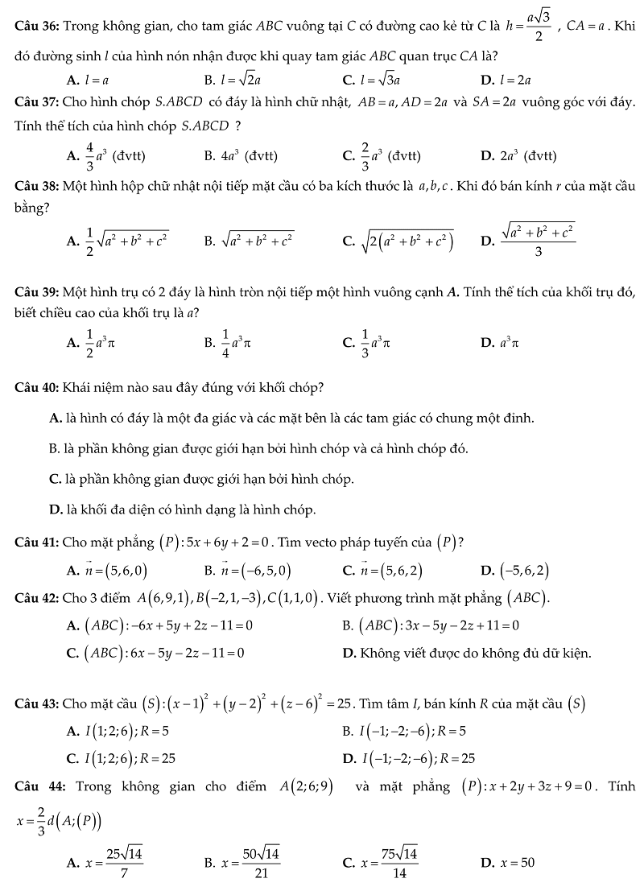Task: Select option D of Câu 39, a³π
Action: pyautogui.click(x=506, y=343)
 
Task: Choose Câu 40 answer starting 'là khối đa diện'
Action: pyautogui.click(x=189, y=510)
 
